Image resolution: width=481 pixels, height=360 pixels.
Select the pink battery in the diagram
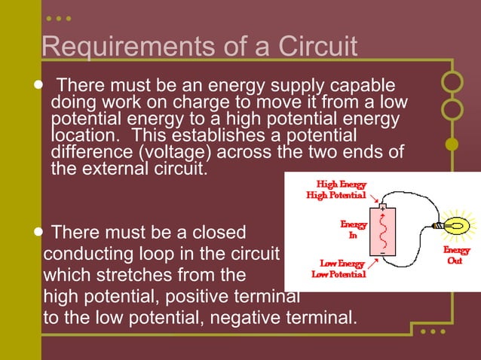[x=382, y=232]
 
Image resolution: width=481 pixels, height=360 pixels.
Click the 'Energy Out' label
[x=456, y=255]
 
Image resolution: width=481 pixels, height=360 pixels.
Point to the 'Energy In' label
[x=354, y=230]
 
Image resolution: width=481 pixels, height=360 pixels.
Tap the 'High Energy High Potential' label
[x=335, y=189]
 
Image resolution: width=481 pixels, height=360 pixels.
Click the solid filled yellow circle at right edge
[x=452, y=143]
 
